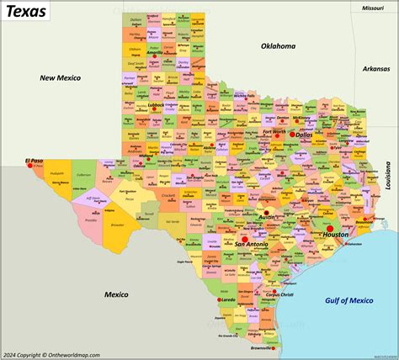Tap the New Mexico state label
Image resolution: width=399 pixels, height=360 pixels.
[60, 77]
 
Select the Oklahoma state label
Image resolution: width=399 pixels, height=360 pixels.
[279, 46]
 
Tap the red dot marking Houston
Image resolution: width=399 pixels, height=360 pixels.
[331, 228]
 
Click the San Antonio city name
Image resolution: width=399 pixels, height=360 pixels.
[252, 244]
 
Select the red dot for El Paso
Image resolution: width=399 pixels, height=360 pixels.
[30, 166]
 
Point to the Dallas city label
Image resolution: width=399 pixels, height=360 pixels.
[303, 135]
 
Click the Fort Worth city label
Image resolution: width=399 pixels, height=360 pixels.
[274, 131]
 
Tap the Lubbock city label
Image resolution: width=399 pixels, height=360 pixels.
[154, 104]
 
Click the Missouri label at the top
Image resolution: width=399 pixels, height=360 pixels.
[373, 7]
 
